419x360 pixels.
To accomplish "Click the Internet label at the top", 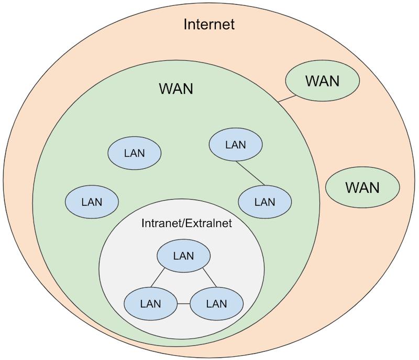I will point(209,24).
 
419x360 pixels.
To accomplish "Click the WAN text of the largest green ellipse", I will point(176,89).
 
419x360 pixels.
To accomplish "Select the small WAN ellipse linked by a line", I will point(322,81).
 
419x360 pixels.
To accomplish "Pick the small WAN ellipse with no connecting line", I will point(362,188).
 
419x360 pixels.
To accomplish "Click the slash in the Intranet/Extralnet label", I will point(183,223).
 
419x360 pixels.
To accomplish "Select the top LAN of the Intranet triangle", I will point(183,256).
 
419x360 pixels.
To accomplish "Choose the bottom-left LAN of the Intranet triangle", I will point(150,303).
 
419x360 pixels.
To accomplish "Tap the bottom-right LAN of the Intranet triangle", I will point(216,303).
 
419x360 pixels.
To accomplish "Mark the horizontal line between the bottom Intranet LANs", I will point(183,303).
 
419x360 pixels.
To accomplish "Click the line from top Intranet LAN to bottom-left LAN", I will point(159,279).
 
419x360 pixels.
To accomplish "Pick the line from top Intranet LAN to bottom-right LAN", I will point(208,279).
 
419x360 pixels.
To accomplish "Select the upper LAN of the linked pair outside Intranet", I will point(235,145).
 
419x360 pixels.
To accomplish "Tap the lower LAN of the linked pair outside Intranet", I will point(264,202).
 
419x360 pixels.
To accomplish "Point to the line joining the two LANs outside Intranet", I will point(250,173).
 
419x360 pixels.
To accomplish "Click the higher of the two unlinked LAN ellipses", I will point(134,154).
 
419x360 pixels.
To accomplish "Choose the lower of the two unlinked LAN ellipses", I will point(92,202).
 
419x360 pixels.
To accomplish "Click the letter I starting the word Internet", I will point(185,24).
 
